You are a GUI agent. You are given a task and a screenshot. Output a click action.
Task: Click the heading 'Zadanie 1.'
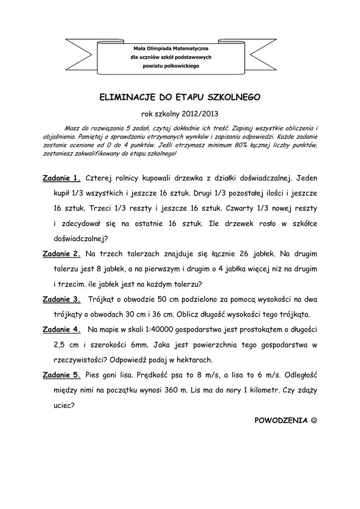pyautogui.click(x=62, y=178)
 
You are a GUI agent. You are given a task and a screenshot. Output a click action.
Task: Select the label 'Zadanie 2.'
pyautogui.click(x=62, y=254)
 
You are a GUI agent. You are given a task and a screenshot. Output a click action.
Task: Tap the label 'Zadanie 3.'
pyautogui.click(x=62, y=299)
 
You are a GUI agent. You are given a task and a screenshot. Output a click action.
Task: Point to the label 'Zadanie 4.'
pyautogui.click(x=62, y=330)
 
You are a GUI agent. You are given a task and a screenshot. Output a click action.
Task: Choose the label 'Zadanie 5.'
pyautogui.click(x=62, y=375)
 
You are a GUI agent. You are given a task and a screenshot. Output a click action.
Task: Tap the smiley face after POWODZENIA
pyautogui.click(x=313, y=421)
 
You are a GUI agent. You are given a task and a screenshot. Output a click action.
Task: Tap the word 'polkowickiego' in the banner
pyautogui.click(x=182, y=66)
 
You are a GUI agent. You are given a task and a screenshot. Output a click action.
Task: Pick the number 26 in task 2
pyautogui.click(x=244, y=254)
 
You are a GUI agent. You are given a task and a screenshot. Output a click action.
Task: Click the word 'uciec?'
pyautogui.click(x=64, y=405)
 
